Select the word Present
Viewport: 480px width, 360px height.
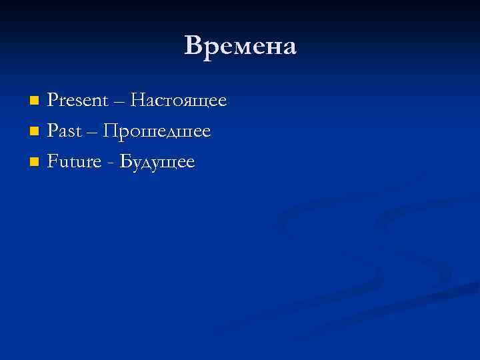click(x=77, y=101)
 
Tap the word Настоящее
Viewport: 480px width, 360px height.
click(x=179, y=101)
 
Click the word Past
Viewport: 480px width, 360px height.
click(x=64, y=132)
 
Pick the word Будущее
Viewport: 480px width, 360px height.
click(x=156, y=162)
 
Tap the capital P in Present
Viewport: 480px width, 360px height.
click(x=52, y=101)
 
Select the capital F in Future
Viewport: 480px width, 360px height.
click(x=52, y=162)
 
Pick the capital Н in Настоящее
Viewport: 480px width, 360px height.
click(x=138, y=101)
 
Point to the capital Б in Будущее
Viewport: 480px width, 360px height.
click(x=123, y=162)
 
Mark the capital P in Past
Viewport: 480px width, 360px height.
click(x=52, y=132)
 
